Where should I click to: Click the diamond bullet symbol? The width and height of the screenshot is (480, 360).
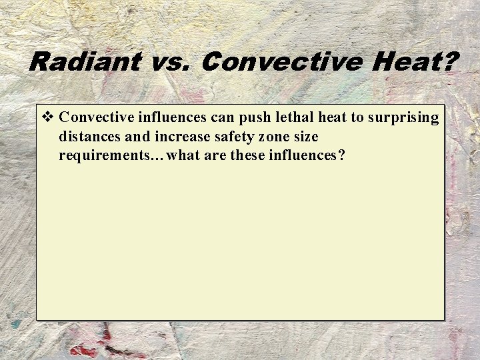click(x=47, y=118)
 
